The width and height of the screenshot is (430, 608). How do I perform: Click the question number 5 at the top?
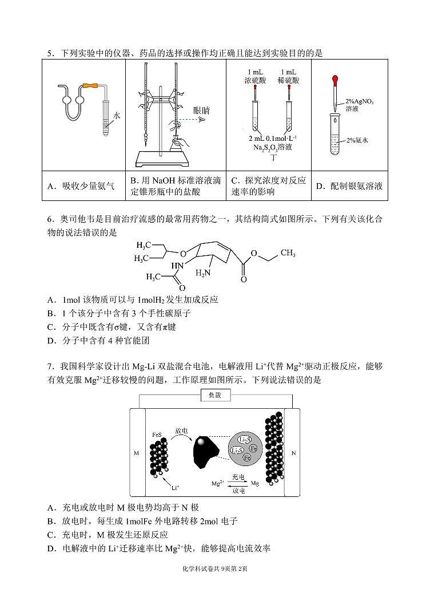[50, 53]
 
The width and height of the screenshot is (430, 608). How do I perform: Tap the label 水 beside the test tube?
[117, 115]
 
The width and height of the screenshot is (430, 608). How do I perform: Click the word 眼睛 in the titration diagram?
[201, 110]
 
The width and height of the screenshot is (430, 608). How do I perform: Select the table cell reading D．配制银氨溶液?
[349, 186]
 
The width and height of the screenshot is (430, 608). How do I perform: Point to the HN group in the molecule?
[177, 266]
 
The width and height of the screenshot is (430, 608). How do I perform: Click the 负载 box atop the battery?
[214, 395]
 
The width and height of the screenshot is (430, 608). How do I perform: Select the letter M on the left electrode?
[136, 453]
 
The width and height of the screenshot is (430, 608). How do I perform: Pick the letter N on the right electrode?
[293, 453]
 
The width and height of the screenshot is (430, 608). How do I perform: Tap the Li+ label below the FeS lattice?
[175, 487]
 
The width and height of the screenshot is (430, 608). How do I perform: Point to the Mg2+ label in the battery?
[217, 484]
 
